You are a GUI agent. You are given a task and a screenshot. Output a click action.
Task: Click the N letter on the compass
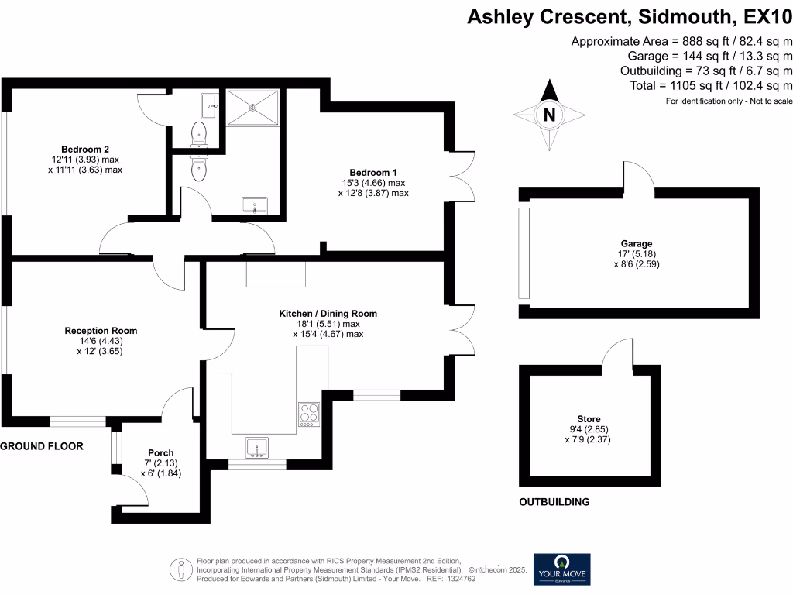point(550,115)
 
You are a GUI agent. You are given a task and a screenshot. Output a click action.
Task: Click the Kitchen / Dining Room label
point(328,314)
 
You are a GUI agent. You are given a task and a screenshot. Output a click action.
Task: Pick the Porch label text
point(161,453)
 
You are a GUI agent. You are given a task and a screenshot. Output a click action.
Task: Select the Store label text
point(589,419)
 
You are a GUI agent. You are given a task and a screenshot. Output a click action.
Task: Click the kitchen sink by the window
point(256,448)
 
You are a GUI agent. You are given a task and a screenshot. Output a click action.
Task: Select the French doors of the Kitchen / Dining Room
point(460,327)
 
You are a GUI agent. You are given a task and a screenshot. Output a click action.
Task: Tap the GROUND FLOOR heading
point(42,446)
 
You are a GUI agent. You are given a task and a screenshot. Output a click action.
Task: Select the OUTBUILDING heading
point(554,502)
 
